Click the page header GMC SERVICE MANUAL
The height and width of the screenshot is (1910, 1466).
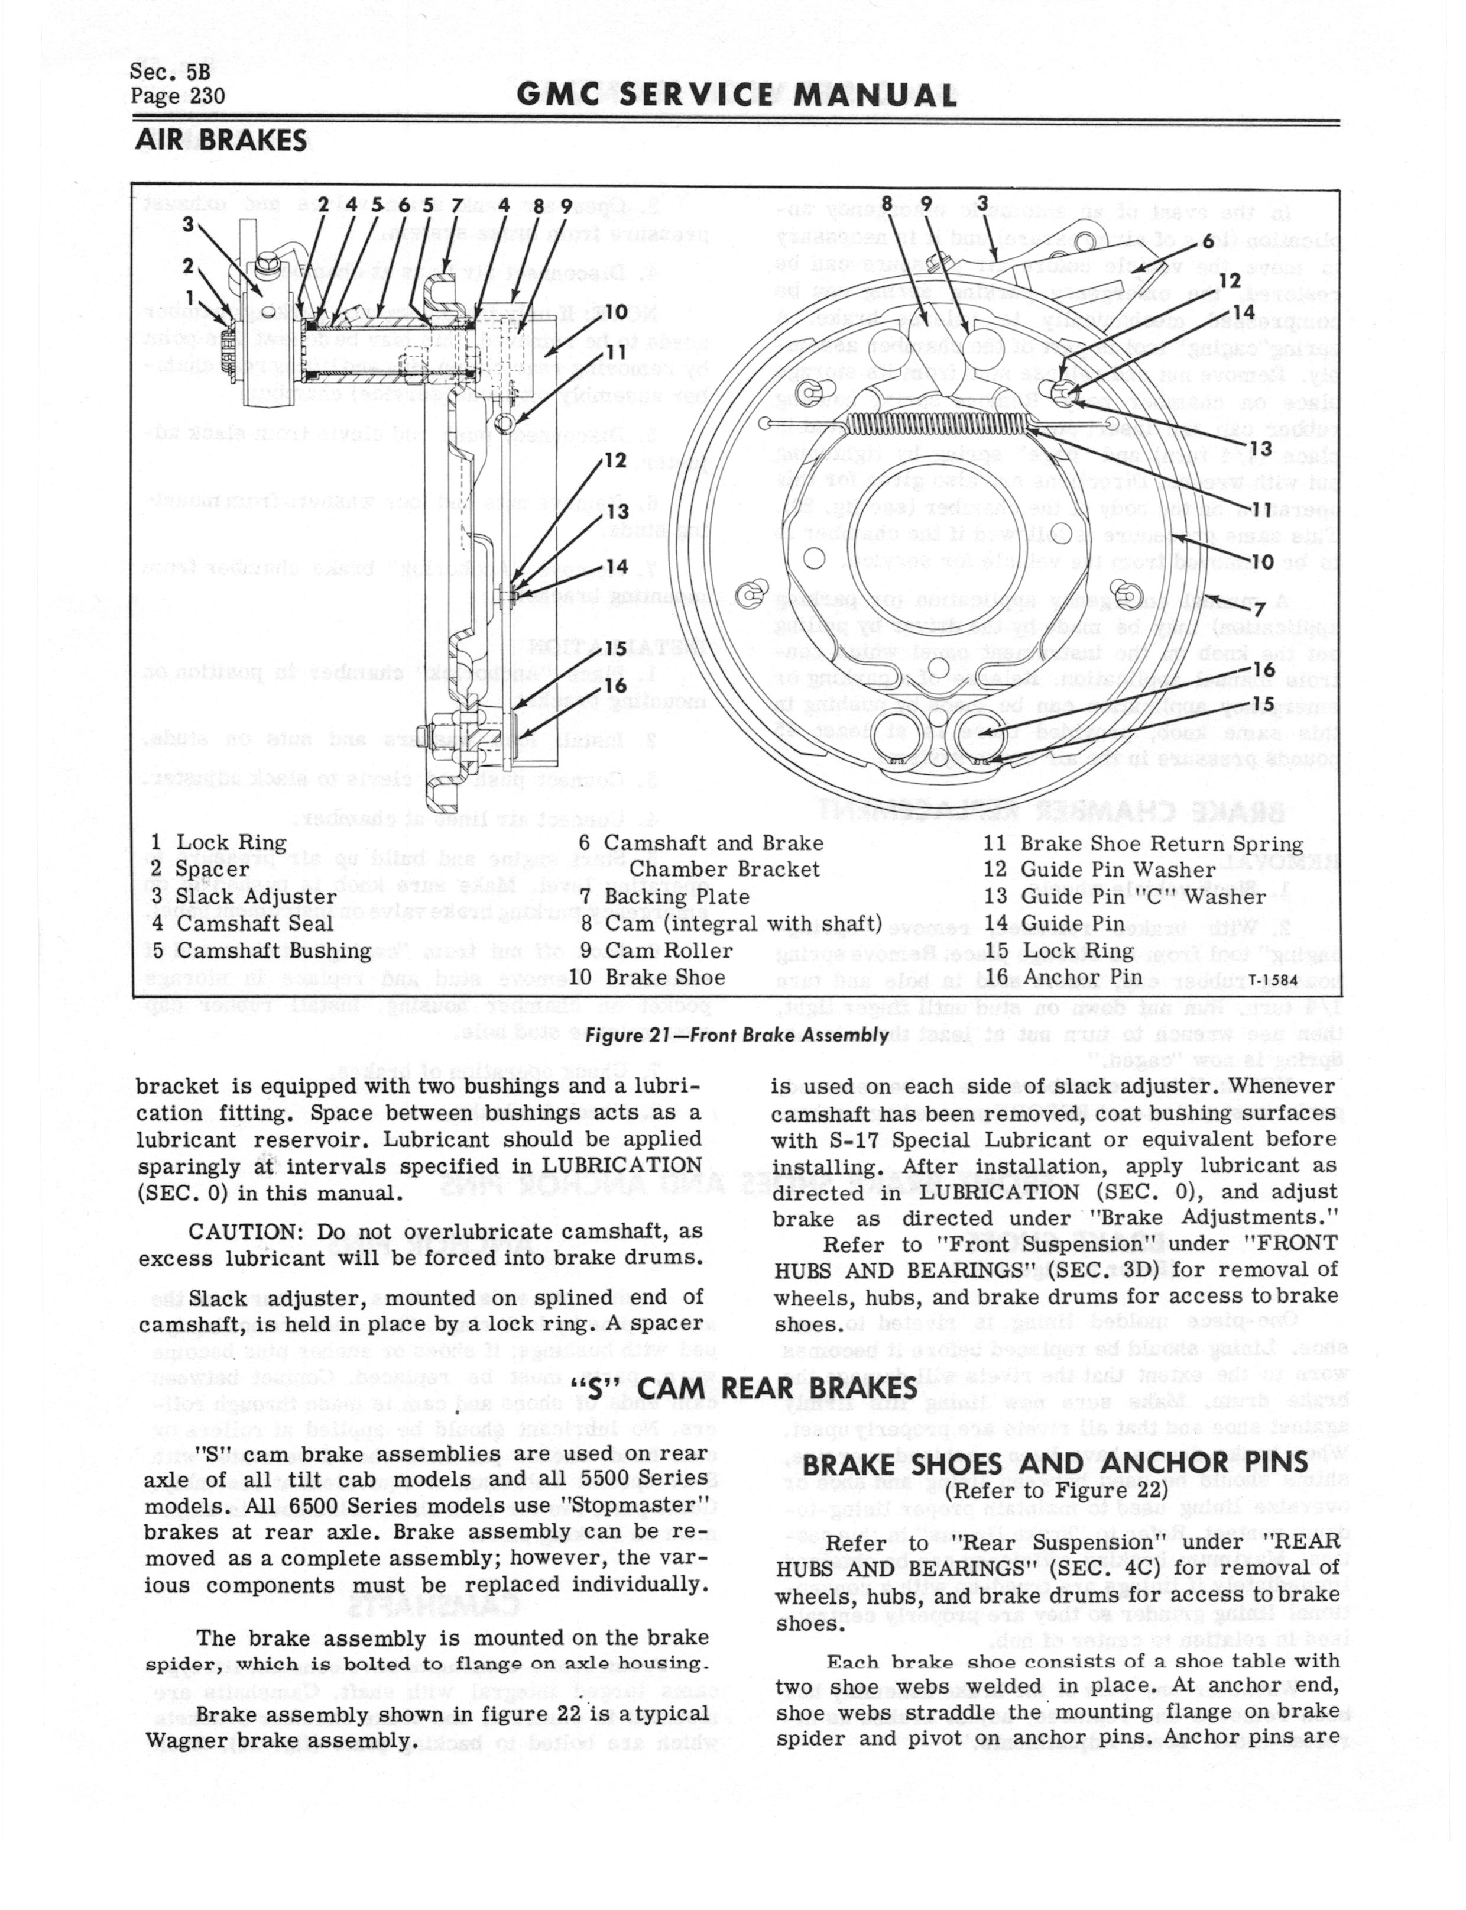pyautogui.click(x=737, y=95)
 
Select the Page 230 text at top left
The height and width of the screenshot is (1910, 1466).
pyautogui.click(x=177, y=95)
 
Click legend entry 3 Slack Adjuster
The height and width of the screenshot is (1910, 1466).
pyautogui.click(x=244, y=897)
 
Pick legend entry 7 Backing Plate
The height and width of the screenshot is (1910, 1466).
pyautogui.click(x=665, y=897)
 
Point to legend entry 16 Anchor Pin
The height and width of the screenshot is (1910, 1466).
pyautogui.click(x=1076, y=977)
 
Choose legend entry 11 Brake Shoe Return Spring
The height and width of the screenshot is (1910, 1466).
pyautogui.click(x=1144, y=843)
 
